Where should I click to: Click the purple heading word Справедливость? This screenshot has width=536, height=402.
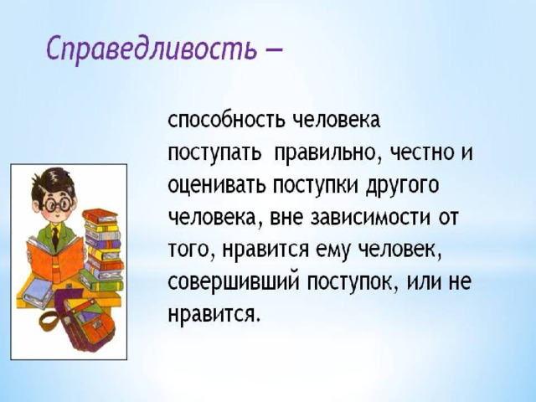tap(152, 49)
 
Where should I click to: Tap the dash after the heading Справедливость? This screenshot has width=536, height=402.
tap(274, 50)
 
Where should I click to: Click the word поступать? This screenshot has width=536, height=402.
tap(214, 152)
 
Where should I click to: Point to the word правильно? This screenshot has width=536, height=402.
tap(327, 152)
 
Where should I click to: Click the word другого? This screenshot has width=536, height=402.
tap(402, 186)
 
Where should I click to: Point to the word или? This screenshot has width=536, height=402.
tap(421, 283)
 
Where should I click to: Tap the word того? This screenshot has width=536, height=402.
tap(191, 251)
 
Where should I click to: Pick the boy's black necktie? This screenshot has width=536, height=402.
tap(55, 237)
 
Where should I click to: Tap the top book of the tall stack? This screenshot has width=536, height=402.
tap(100, 216)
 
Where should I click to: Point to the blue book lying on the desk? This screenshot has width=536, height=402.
tap(38, 293)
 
